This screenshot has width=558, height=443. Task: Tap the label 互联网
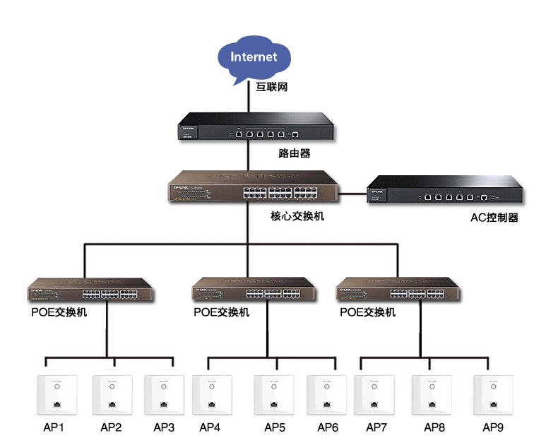(x=272, y=88)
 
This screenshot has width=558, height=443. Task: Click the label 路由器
(x=295, y=153)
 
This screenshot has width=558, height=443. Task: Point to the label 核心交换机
(x=297, y=216)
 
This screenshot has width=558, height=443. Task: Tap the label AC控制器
(x=494, y=218)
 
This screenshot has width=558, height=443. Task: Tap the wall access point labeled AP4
(x=210, y=394)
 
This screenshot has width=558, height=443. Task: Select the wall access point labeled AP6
(x=326, y=394)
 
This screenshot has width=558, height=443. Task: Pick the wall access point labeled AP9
(x=492, y=394)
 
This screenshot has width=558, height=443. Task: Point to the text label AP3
(x=164, y=427)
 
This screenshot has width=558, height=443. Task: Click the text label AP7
(x=376, y=427)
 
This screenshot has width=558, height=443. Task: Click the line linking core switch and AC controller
(x=351, y=192)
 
